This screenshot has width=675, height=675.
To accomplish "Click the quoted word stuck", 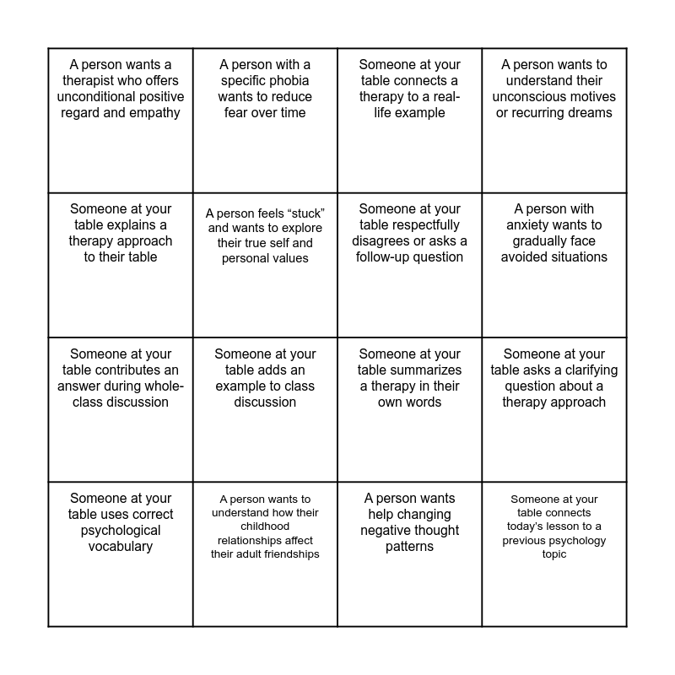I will [x=307, y=213].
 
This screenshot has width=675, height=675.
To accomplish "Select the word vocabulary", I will [x=121, y=546].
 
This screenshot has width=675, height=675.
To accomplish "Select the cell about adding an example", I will [x=265, y=409].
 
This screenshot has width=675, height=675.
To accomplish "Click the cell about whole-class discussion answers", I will [x=121, y=409].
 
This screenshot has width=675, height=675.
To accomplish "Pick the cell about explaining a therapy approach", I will [x=121, y=265].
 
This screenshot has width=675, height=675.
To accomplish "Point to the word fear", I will [x=239, y=112].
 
